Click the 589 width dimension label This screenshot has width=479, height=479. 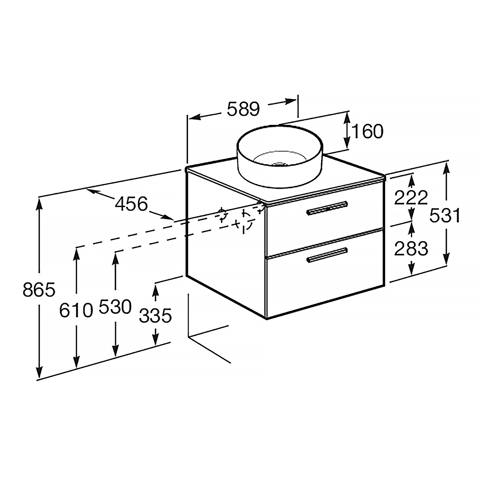point(243,110)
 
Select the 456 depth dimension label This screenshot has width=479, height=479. point(132,203)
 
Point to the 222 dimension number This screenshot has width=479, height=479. point(411,198)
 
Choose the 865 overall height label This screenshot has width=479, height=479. point(39,290)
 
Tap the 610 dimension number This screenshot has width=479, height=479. point(76,310)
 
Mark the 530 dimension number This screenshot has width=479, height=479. point(115,307)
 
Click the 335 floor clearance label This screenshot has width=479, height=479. point(156,316)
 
